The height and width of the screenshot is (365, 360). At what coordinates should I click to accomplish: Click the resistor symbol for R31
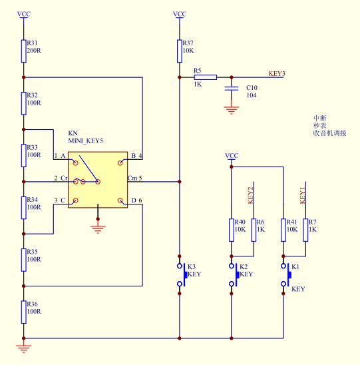[23, 51]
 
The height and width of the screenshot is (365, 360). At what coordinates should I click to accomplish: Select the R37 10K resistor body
[179, 51]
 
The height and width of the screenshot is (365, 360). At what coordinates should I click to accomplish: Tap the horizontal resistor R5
[206, 77]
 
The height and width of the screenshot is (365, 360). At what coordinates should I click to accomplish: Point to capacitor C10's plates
[232, 89]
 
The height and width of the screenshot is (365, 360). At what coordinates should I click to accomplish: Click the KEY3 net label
[277, 73]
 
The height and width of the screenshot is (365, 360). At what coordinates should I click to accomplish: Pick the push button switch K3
[182, 275]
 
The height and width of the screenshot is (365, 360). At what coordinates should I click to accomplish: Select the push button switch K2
[234, 275]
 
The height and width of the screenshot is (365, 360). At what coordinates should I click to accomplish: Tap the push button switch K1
[286, 275]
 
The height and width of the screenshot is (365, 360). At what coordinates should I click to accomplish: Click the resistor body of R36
[23, 312]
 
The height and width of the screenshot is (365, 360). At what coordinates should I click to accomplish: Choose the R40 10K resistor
[232, 230]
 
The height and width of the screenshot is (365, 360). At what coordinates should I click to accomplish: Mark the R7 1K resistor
[305, 230]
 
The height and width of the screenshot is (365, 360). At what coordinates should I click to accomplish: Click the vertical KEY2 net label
[250, 195]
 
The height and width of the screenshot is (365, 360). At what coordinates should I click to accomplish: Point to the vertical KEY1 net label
[302, 195]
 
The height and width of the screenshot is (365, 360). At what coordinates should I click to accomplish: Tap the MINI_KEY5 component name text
[85, 141]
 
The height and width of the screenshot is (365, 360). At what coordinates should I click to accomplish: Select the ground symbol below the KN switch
[98, 229]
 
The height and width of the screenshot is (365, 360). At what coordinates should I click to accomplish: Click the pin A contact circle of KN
[76, 163]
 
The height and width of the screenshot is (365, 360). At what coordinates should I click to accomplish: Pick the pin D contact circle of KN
[120, 200]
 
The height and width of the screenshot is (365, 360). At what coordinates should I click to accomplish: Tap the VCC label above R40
[232, 155]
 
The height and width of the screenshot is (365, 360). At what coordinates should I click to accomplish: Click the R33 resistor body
[23, 155]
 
